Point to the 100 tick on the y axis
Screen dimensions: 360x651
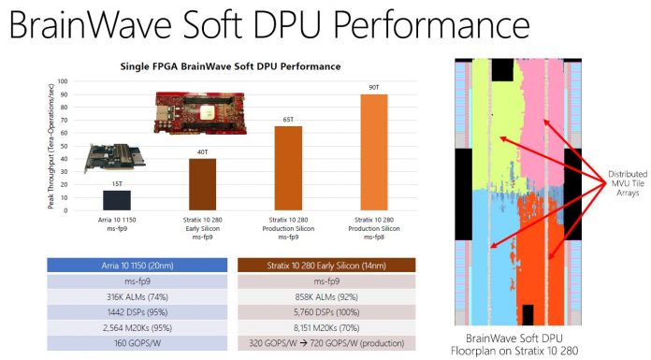[x=65, y=81]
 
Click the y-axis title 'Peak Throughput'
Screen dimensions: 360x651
[x=51, y=150]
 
